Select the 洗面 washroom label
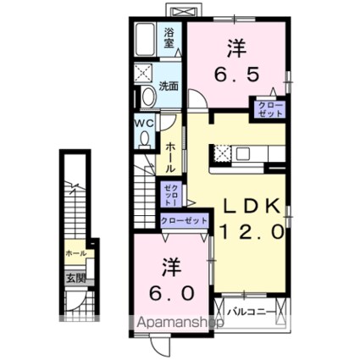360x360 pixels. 169,86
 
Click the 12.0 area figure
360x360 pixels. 253,230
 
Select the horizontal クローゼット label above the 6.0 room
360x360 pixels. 184,219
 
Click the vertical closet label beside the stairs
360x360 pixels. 169,195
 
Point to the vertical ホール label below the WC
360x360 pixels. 170,155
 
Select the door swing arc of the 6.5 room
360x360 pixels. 195,99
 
